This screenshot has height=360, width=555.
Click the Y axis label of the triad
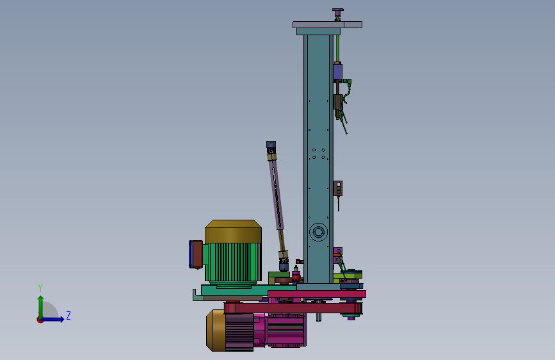[40, 288]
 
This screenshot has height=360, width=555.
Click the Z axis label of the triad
[68, 315]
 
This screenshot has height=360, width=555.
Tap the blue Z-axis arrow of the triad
[52, 319]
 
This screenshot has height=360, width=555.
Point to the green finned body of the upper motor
[233, 262]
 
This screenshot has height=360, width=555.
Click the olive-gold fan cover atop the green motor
[233, 231]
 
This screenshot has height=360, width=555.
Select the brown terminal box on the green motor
[197, 254]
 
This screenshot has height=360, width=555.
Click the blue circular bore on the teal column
[318, 233]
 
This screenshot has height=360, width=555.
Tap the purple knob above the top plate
[337, 13]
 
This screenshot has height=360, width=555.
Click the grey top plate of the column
[327, 24]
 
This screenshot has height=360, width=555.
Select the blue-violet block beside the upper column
[337, 71]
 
